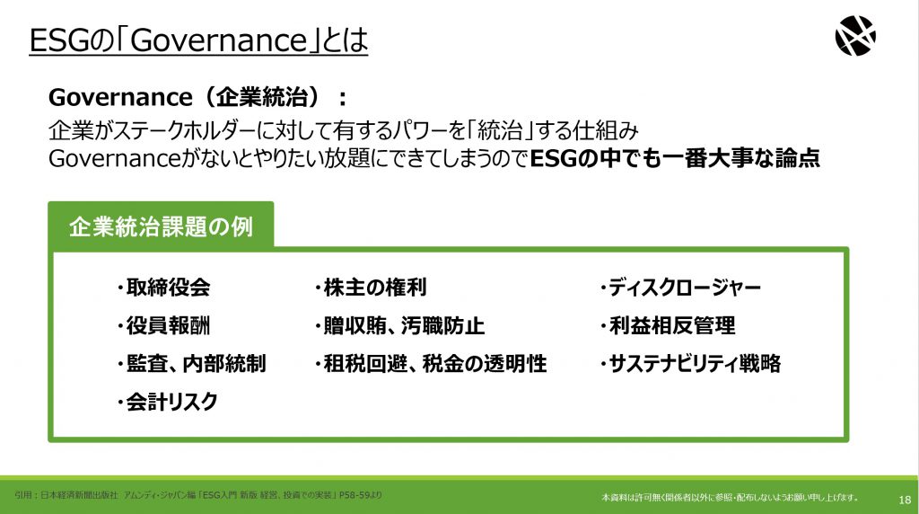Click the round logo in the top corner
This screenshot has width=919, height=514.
[855, 36]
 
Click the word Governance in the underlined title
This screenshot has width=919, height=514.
[219, 40]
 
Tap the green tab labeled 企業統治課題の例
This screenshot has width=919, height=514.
[161, 226]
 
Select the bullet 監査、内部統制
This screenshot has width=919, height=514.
[191, 364]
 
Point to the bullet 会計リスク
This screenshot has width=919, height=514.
[167, 402]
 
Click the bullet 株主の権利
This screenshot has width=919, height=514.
[371, 288]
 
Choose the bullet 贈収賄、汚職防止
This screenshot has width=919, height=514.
[399, 325]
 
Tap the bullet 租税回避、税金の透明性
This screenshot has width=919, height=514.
[431, 364]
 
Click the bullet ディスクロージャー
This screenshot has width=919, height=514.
[680, 288]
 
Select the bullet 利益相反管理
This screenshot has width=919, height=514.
[668, 325]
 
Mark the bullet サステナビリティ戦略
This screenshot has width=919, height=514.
[690, 364]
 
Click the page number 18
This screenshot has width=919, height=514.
[905, 500]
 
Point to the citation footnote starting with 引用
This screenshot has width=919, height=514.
[198, 495]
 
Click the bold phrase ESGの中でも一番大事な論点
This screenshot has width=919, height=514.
[675, 158]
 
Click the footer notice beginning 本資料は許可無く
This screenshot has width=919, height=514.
[730, 498]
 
